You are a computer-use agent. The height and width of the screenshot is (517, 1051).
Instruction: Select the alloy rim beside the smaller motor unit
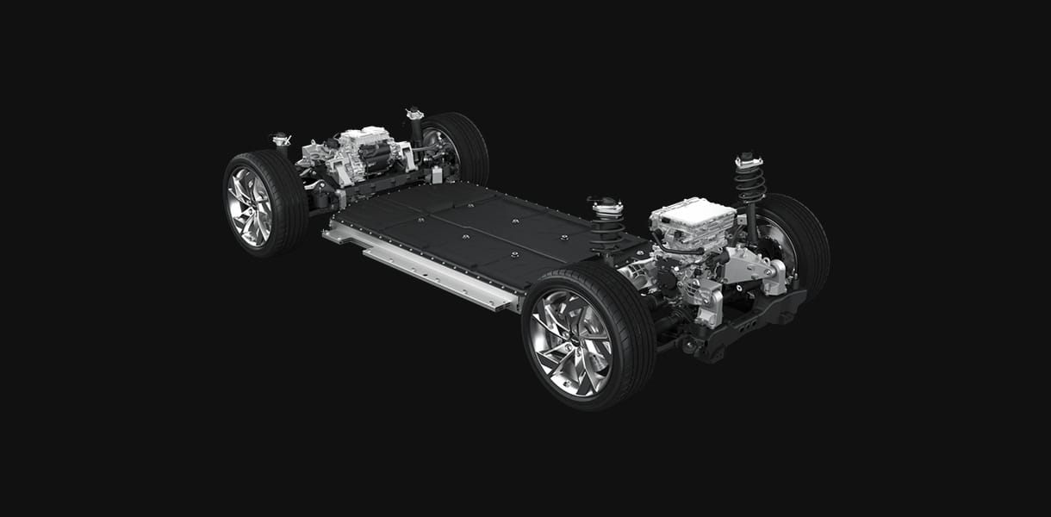[249, 207]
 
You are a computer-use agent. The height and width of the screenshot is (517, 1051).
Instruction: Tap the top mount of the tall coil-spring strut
[749, 159]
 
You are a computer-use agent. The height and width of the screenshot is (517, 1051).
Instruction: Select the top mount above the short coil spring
[606, 205]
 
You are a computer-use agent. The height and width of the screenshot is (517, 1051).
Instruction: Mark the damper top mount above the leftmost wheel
[281, 139]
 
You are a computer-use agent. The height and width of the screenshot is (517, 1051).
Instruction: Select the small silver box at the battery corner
[437, 175]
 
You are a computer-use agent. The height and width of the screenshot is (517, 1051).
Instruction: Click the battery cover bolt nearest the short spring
[563, 237]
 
